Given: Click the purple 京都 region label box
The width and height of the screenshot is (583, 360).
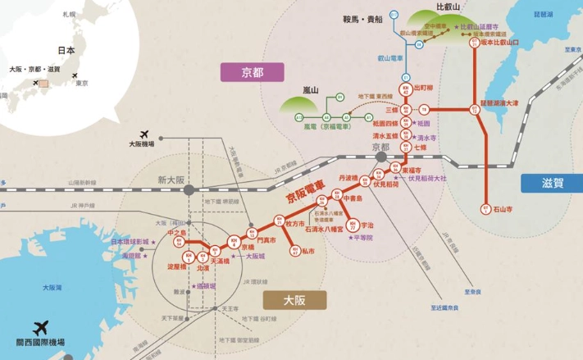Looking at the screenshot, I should pyautogui.click(x=253, y=72).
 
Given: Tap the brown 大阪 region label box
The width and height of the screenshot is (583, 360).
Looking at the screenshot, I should pyautogui.click(x=294, y=300).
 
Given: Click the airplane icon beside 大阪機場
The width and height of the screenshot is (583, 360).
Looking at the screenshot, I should pyautogui.click(x=145, y=134).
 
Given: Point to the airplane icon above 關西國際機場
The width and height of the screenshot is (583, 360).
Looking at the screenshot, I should pyautogui.click(x=40, y=327).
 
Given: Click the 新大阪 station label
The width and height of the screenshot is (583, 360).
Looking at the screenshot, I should pyautogui.click(x=172, y=180).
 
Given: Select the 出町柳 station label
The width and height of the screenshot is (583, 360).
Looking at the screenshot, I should pyautogui.click(x=423, y=87).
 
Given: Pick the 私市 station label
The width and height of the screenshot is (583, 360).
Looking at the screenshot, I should pyautogui.click(x=307, y=251).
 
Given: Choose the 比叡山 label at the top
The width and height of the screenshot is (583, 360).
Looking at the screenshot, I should pyautogui.click(x=449, y=7).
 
